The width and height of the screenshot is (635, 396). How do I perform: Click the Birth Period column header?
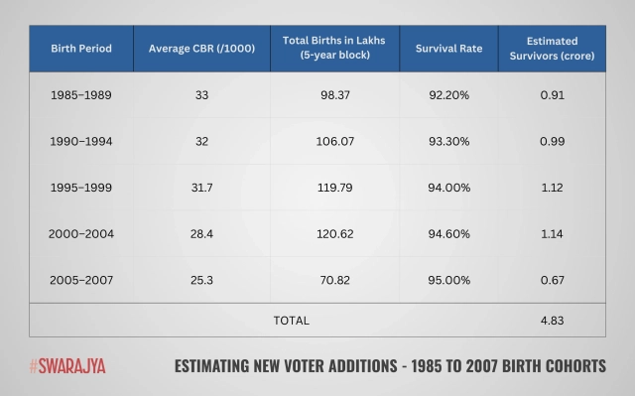(81, 47)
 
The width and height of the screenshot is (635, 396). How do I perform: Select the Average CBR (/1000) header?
(201, 47)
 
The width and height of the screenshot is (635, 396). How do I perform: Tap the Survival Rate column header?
(462, 47)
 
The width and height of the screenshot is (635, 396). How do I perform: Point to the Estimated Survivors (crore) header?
(567, 47)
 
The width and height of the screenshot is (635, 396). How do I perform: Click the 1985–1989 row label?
(81, 95)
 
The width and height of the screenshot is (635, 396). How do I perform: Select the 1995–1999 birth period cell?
(81, 188)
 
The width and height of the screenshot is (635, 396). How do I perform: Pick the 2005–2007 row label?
(81, 280)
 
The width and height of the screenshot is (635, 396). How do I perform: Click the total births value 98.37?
(334, 95)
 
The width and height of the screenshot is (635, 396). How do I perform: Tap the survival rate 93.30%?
(462, 142)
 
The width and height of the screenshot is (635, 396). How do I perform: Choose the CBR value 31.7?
(201, 188)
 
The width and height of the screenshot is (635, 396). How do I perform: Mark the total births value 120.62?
(334, 234)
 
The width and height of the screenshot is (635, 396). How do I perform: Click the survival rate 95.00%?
(462, 280)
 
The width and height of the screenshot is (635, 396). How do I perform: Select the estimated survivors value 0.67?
(567, 280)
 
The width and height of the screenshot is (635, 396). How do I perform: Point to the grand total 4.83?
(567, 321)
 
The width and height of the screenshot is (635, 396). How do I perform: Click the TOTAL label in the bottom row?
(291, 321)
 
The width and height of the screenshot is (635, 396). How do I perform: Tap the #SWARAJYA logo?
(67, 365)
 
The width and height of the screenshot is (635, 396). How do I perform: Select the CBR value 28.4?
(201, 234)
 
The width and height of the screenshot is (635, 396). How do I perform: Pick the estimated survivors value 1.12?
(567, 188)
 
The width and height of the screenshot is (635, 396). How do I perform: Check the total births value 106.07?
(334, 142)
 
